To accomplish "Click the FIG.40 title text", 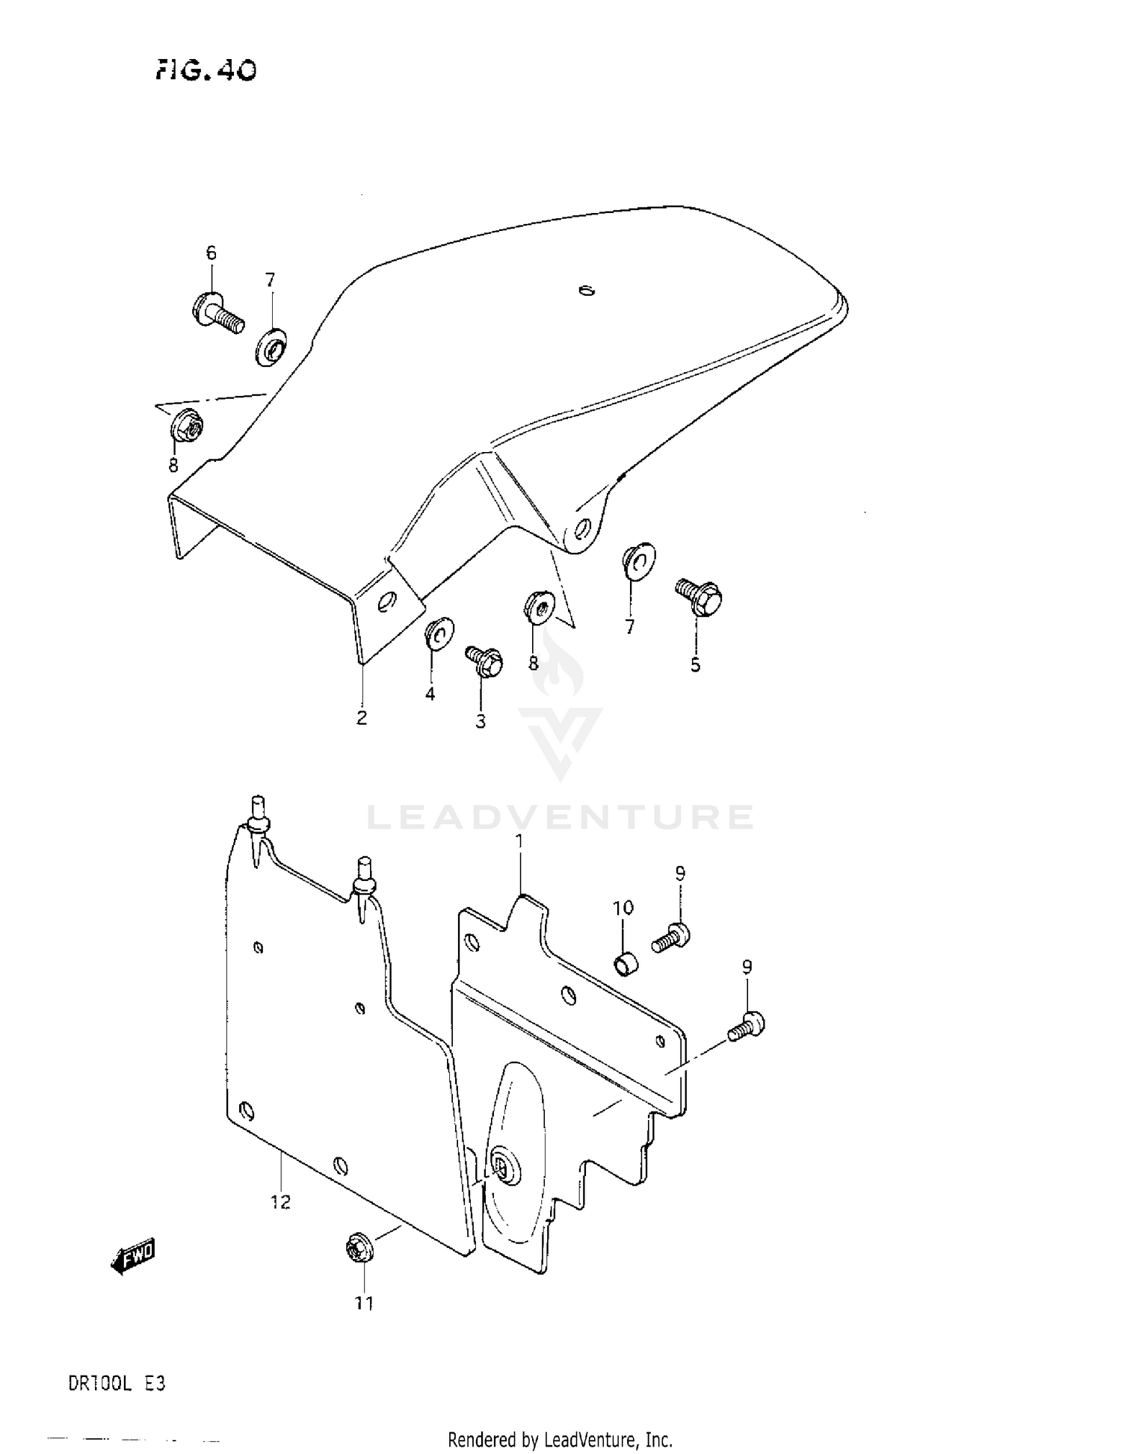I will coord(206,70).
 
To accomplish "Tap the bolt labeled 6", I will coord(217,313).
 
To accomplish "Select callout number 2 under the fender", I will coord(362,718).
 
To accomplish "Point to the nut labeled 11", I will coord(356,1249).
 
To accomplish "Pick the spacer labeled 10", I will coord(626,965).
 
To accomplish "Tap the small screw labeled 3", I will coord(484,661).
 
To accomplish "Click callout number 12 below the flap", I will coord(280,1202).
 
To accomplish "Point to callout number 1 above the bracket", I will coord(519,841).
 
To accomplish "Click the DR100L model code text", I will coord(100,1384).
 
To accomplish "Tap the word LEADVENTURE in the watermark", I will coord(560,817).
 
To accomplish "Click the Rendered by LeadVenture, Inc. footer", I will coord(560,1439).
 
